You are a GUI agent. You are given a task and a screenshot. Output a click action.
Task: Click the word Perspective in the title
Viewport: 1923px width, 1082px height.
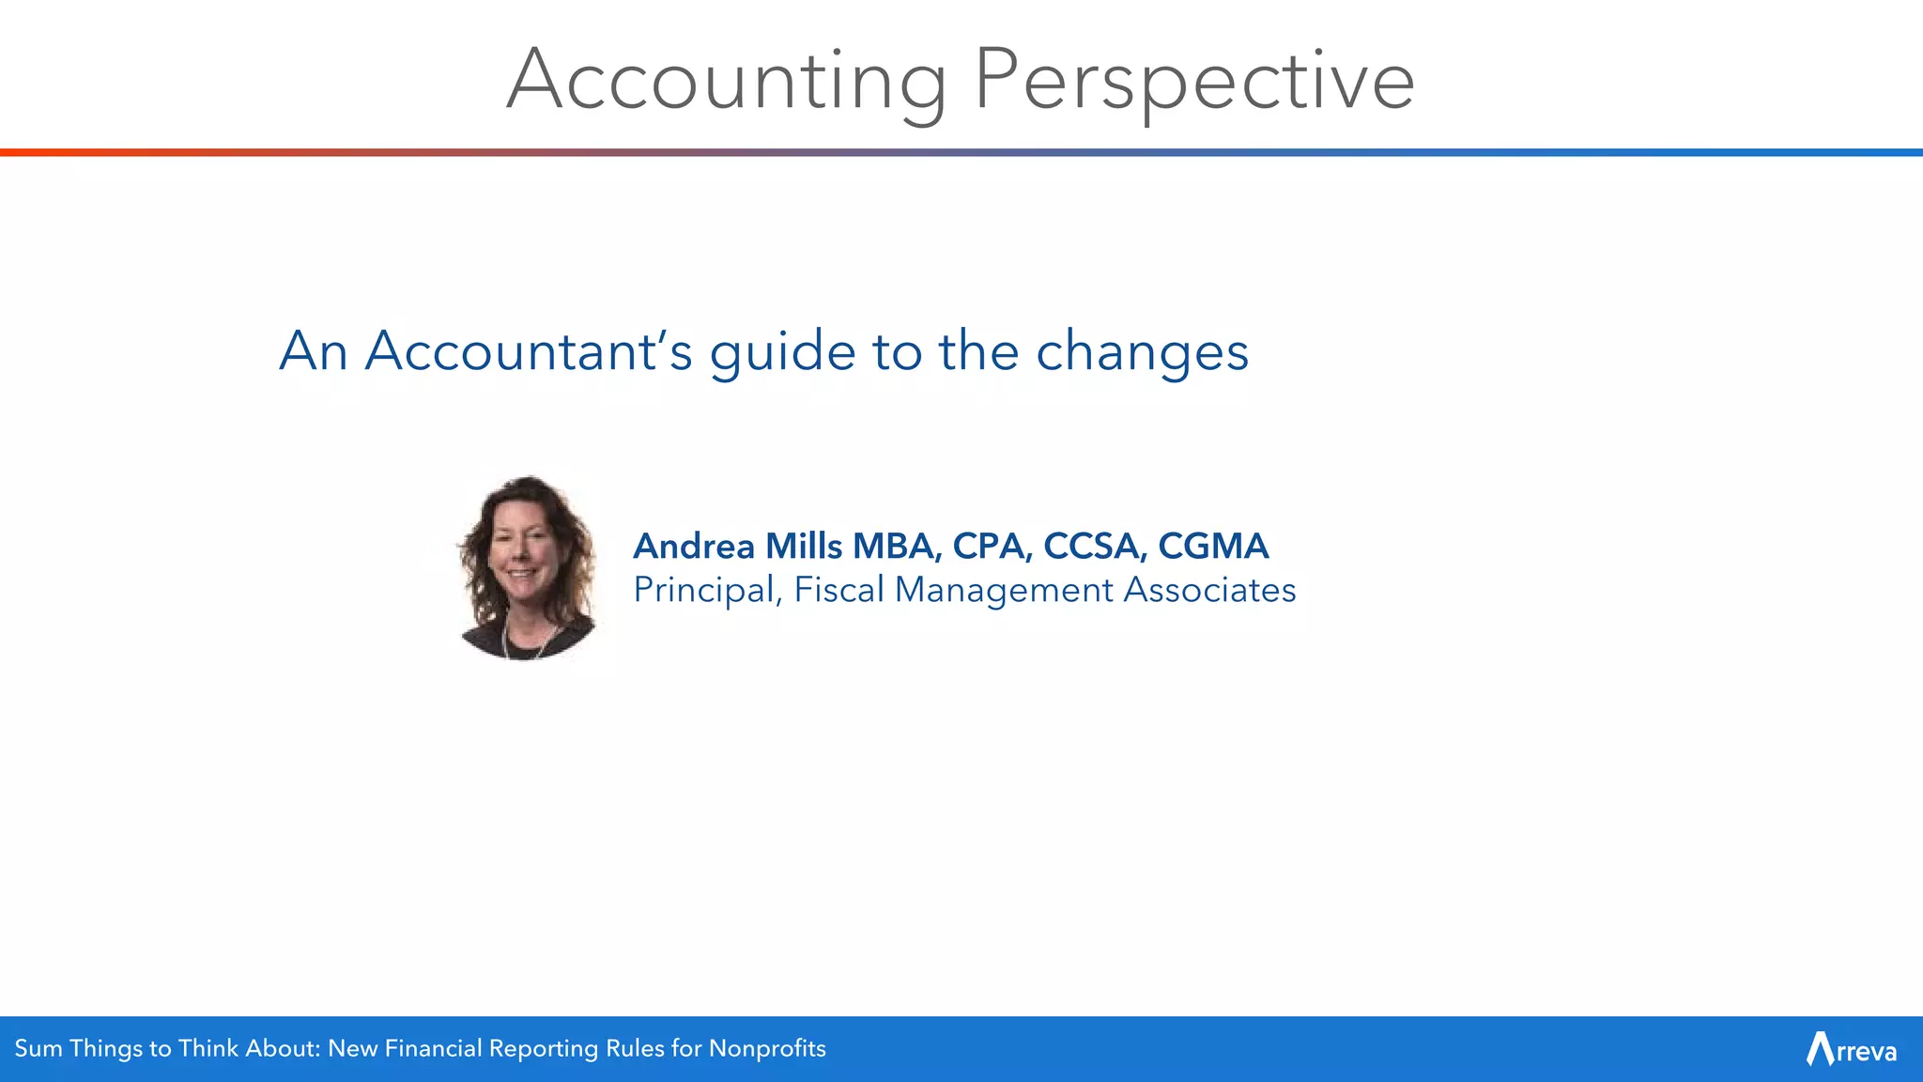pos(1193,81)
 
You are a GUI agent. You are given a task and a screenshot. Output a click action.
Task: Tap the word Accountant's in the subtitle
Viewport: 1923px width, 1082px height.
pos(529,351)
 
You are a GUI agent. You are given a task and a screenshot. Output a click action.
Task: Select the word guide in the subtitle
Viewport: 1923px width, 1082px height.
pos(782,351)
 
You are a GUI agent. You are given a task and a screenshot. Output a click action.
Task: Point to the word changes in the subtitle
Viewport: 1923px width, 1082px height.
pos(1142,351)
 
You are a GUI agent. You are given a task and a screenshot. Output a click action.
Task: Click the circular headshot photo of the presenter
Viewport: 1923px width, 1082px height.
pos(526,567)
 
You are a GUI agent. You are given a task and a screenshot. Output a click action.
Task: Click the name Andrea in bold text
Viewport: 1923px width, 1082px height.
pos(694,546)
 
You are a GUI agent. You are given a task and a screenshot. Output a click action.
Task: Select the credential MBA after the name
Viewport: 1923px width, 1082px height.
pos(895,546)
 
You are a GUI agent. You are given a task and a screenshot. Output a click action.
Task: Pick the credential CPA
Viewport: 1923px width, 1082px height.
pos(991,546)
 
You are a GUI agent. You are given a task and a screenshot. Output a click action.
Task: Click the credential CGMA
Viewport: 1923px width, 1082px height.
pos(1213,546)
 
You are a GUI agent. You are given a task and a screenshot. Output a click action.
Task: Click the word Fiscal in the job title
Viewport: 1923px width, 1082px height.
pos(838,590)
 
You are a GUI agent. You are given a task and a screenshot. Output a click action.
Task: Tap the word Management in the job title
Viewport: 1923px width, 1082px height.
pos(1003,590)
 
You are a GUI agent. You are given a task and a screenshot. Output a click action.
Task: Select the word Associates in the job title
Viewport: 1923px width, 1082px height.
pos(1209,590)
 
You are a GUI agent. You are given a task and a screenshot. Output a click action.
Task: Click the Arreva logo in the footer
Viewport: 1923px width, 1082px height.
pos(1851,1049)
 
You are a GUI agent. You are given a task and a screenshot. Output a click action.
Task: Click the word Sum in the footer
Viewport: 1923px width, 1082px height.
pos(38,1048)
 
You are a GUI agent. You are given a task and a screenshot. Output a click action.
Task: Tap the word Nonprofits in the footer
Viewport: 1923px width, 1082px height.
pos(767,1048)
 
